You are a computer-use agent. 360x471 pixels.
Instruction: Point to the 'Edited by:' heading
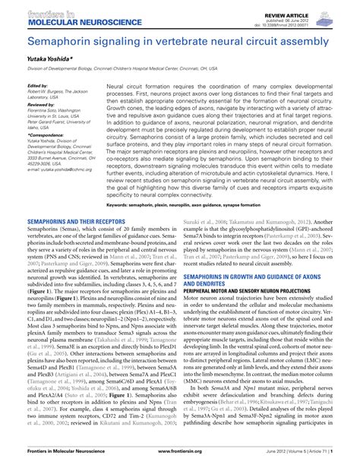click(x=37, y=86)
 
